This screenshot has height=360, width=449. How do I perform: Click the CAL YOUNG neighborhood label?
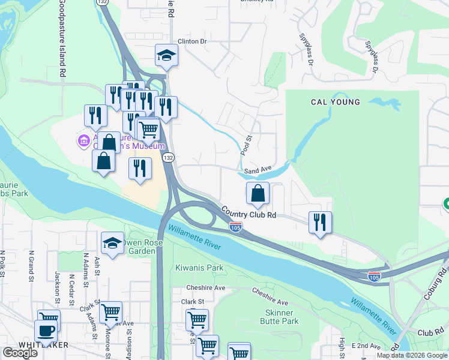(x=336, y=102)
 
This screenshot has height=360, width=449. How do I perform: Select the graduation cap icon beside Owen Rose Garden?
(x=112, y=243)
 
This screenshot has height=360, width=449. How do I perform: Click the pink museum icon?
(x=83, y=142)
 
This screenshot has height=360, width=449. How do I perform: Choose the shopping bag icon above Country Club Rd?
(x=258, y=194)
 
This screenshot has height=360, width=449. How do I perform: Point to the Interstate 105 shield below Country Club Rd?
(x=236, y=227)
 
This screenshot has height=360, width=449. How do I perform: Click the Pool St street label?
(x=244, y=145)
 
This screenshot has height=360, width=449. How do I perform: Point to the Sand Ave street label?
(x=259, y=170)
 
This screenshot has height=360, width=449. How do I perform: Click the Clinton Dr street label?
(x=191, y=41)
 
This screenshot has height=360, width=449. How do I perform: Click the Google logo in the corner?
(x=20, y=353)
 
